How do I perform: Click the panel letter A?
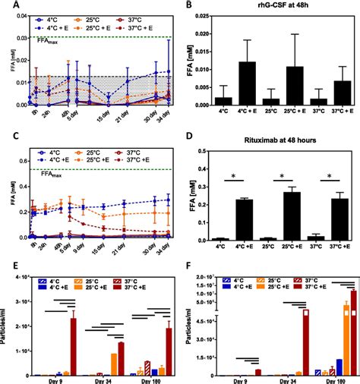pos(6,6)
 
